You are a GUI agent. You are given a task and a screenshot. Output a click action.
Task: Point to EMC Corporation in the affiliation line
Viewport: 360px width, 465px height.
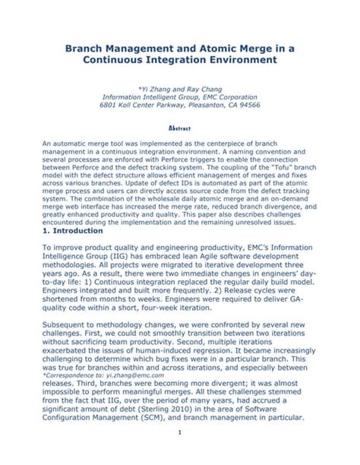coord(226,96)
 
